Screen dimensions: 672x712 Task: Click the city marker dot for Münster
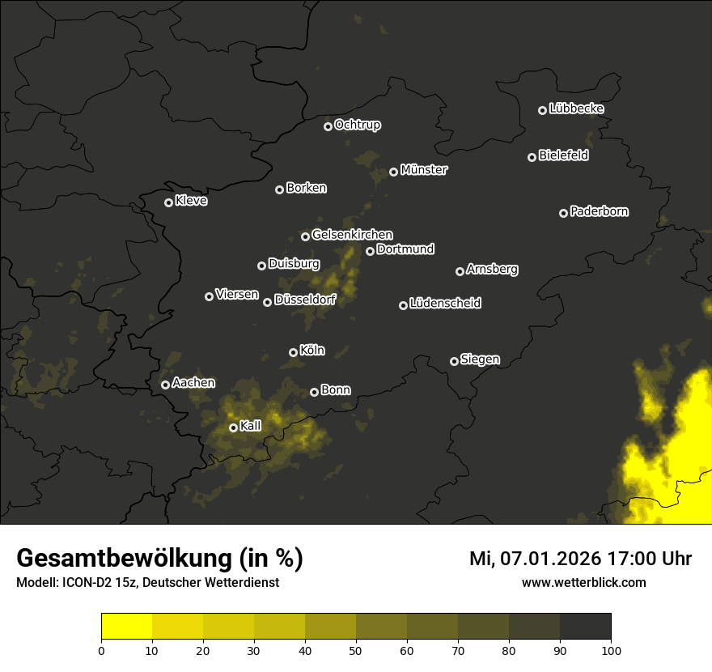[x=394, y=172]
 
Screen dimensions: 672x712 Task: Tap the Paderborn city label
[x=599, y=211]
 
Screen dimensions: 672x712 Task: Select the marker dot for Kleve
[x=169, y=202]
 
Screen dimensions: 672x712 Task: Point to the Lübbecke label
[x=576, y=108]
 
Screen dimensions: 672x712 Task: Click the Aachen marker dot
[x=166, y=385]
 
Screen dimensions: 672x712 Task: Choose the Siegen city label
[x=480, y=359]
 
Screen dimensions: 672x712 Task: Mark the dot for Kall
[x=233, y=427]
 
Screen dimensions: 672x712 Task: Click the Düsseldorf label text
[x=305, y=300]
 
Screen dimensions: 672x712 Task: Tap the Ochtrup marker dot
[x=328, y=126]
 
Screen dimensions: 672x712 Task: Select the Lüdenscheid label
[x=445, y=304]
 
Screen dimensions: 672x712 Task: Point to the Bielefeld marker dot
[x=532, y=157]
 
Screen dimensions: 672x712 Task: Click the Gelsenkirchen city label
[x=352, y=235]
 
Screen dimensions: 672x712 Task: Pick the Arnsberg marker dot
[x=460, y=271]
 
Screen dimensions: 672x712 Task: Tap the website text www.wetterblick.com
[x=583, y=583]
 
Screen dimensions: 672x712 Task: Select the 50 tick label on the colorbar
[x=356, y=650]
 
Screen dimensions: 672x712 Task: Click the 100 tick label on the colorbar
[x=611, y=650]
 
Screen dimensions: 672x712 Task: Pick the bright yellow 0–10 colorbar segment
[x=127, y=626]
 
